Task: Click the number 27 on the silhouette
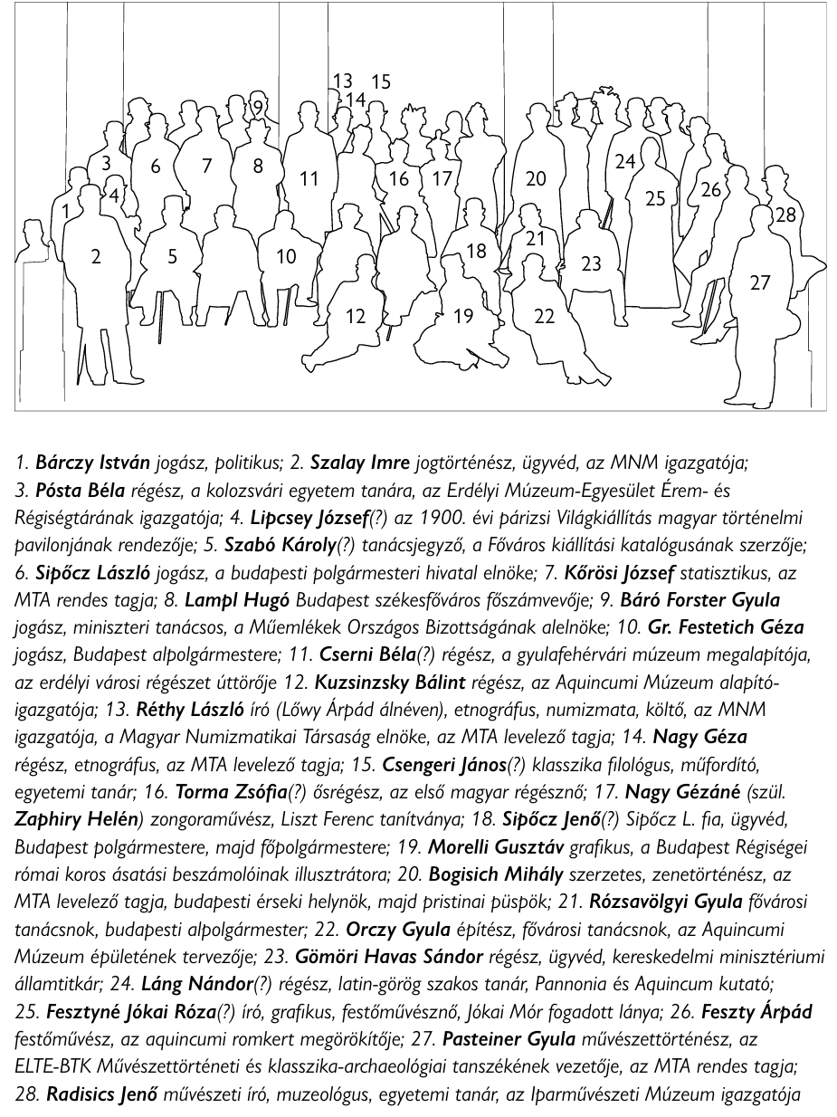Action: (x=761, y=283)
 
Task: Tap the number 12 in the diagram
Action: (x=357, y=316)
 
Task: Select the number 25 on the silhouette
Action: (x=655, y=198)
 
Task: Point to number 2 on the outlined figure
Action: (x=96, y=257)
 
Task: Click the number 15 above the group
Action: (x=381, y=81)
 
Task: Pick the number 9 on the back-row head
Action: (x=258, y=108)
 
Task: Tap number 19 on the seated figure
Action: (x=463, y=316)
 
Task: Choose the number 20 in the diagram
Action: (x=536, y=178)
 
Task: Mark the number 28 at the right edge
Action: (x=785, y=215)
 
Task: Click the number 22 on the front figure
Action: (x=544, y=316)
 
